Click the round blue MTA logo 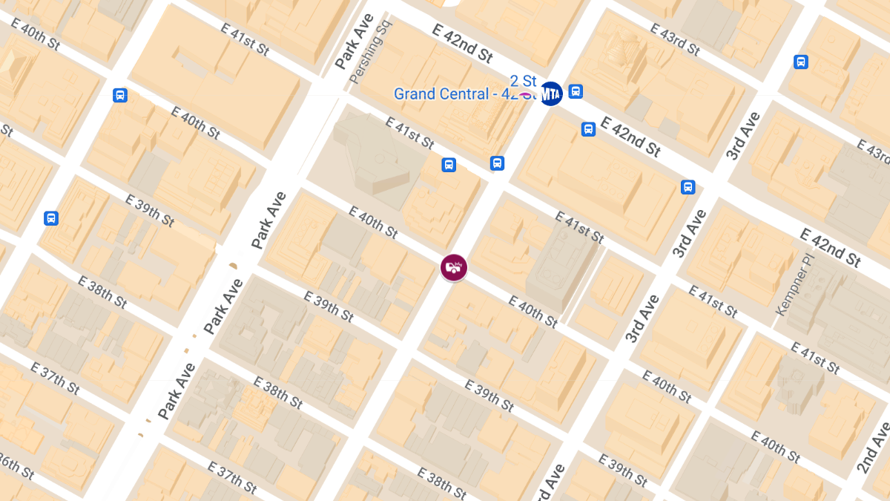coord(550,94)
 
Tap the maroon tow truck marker coord(454,267)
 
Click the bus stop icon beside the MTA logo coord(576,92)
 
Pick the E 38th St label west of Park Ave coord(102,292)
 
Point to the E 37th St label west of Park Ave coord(55,378)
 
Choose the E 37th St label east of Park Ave coord(232,477)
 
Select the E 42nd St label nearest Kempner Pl coord(830,246)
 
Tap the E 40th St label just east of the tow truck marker coord(533,310)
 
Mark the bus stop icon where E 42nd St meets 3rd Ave coord(688,187)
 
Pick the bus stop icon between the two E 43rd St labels coord(801,62)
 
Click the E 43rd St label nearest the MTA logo coord(675,39)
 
